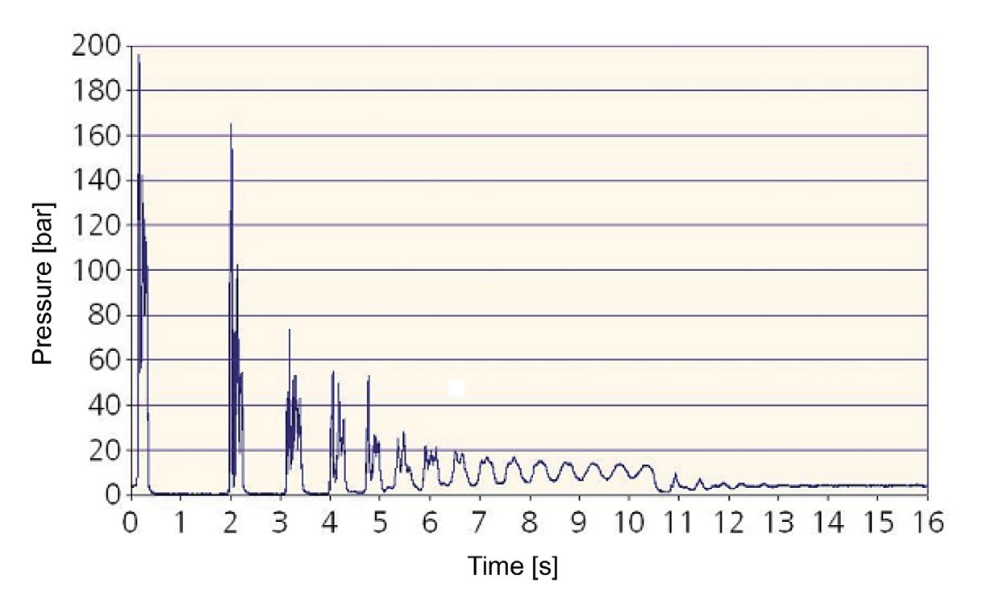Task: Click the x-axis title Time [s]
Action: pyautogui.click(x=512, y=567)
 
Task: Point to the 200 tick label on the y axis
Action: pyautogui.click(x=95, y=47)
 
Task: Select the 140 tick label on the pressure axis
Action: pyautogui.click(x=95, y=181)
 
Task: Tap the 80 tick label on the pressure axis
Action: pyautogui.click(x=102, y=315)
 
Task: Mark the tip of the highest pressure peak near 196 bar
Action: pyautogui.click(x=139, y=55)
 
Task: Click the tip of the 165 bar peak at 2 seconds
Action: pyautogui.click(x=231, y=124)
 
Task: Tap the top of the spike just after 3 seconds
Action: pyautogui.click(x=289, y=330)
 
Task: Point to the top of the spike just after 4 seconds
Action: pyautogui.click(x=333, y=372)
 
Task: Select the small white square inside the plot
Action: pyautogui.click(x=456, y=388)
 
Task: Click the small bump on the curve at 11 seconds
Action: pyautogui.click(x=676, y=473)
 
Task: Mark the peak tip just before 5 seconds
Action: pyautogui.click(x=369, y=377)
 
